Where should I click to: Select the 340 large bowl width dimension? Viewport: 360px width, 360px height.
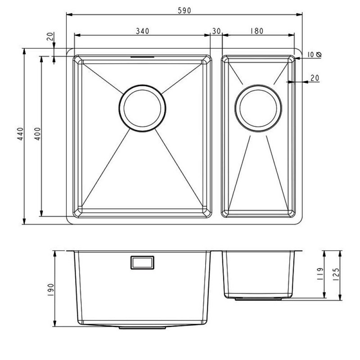(142, 31)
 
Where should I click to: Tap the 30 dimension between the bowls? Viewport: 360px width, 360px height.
(216, 31)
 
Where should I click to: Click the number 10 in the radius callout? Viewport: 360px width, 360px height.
(311, 54)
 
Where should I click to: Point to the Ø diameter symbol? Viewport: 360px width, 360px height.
(319, 54)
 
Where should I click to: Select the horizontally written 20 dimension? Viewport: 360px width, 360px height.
(315, 78)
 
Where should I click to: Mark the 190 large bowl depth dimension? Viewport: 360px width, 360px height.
(50, 288)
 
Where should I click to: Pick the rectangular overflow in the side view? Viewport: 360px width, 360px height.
(142, 262)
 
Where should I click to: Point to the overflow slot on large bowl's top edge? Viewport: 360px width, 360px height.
(142, 57)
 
